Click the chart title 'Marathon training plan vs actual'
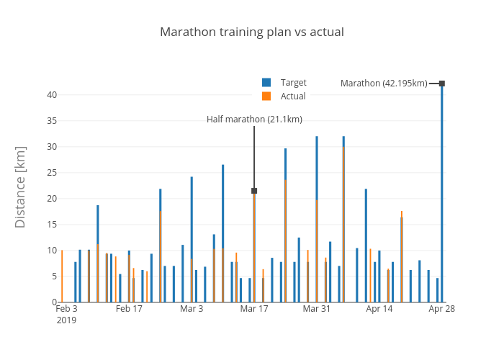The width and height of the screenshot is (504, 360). click(252, 32)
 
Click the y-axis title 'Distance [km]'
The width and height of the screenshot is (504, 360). click(20, 187)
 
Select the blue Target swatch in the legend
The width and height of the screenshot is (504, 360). click(266, 83)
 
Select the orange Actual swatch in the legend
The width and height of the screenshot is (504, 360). click(266, 96)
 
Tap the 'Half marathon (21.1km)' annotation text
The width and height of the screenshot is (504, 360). click(254, 120)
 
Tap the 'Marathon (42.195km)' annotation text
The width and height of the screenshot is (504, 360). click(384, 84)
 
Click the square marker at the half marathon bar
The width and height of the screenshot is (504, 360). click(254, 191)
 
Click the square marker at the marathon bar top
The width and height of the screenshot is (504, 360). click(442, 84)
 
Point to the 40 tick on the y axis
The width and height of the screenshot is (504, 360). click(52, 95)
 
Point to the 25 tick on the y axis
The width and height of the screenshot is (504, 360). click(52, 173)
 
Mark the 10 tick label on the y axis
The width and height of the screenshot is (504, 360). click(52, 251)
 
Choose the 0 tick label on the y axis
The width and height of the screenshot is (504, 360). click(54, 302)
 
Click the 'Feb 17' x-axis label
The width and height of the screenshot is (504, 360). click(130, 309)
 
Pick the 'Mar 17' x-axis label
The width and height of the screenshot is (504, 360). click(254, 309)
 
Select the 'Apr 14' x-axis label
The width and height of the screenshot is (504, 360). click(379, 309)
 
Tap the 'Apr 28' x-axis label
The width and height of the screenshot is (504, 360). click(442, 309)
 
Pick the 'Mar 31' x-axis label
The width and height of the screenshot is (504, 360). click(317, 309)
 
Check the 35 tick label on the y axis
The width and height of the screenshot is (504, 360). click(52, 121)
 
